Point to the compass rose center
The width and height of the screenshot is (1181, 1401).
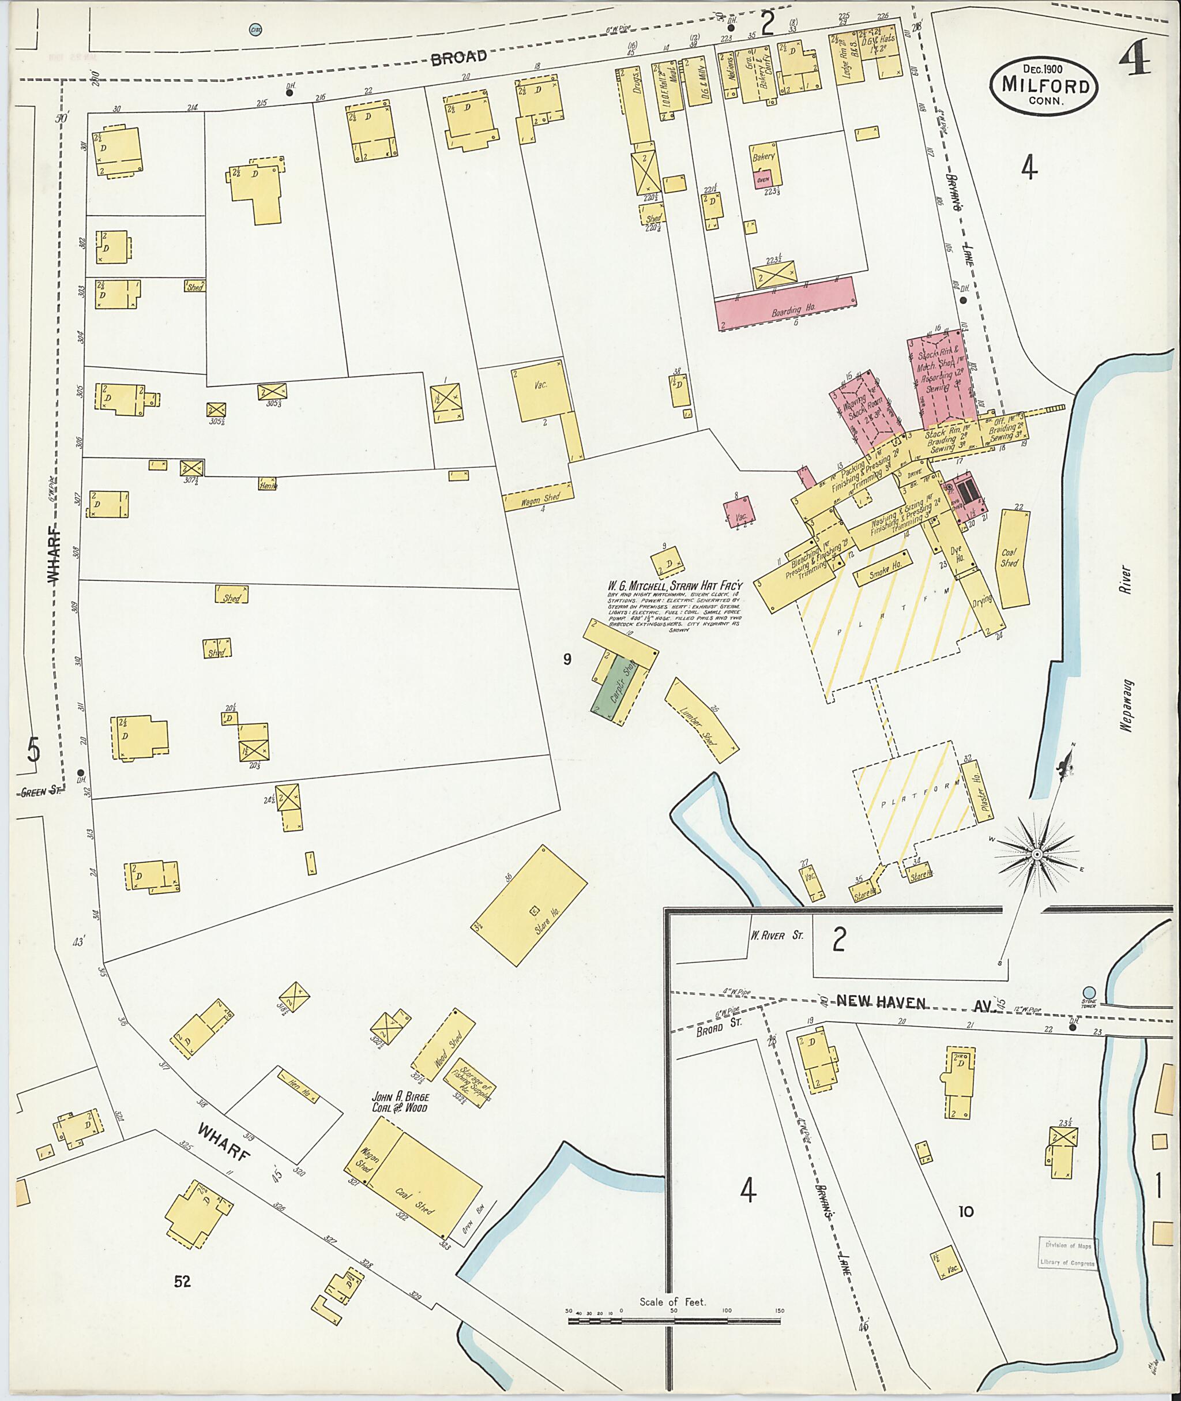click(1036, 856)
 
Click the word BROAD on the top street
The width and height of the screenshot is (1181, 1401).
click(458, 59)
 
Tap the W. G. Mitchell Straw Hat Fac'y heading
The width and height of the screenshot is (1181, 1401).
click(675, 587)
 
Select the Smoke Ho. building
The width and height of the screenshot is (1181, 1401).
click(882, 568)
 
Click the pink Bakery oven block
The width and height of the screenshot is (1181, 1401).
click(762, 179)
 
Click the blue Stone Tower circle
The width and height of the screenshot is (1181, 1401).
click(1089, 993)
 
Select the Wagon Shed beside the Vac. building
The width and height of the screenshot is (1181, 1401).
click(540, 498)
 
